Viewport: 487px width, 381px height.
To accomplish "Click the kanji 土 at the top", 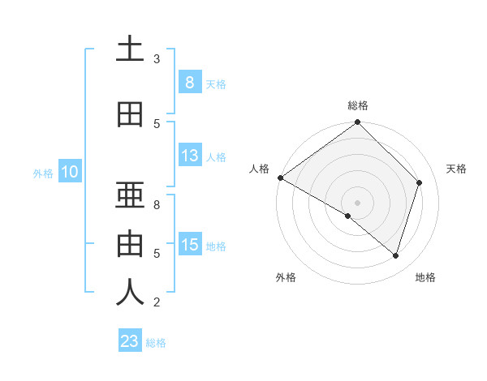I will pyautogui.click(x=130, y=49).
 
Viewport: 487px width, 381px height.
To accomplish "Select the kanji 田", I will pyautogui.click(x=130, y=115).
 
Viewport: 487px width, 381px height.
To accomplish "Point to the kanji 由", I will pyautogui.click(x=130, y=244).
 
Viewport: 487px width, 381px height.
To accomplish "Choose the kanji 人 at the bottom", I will pyautogui.click(x=130, y=293).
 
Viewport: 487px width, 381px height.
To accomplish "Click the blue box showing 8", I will pyautogui.click(x=189, y=82).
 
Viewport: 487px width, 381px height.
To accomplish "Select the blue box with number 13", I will pyautogui.click(x=189, y=156).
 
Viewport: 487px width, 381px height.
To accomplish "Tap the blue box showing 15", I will pyautogui.click(x=189, y=245).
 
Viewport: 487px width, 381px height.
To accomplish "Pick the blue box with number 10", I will pyautogui.click(x=69, y=172).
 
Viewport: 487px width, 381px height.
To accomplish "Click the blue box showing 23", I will pyautogui.click(x=130, y=341).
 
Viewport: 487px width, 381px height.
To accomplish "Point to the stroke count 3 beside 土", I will pyautogui.click(x=157, y=59).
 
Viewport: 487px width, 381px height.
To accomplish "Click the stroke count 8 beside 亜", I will pyautogui.click(x=157, y=204).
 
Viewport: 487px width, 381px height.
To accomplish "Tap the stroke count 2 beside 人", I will pyautogui.click(x=157, y=303).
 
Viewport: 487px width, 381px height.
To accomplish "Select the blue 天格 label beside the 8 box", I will pyautogui.click(x=216, y=83).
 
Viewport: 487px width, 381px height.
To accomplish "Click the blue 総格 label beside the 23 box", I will pyautogui.click(x=157, y=343).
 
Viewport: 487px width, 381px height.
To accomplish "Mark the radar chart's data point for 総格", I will pyautogui.click(x=357, y=122).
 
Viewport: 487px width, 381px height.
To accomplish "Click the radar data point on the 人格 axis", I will pyautogui.click(x=280, y=178).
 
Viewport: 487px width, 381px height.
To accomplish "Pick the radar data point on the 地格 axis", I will pyautogui.click(x=395, y=255).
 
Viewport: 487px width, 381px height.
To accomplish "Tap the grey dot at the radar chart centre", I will pyautogui.click(x=357, y=202).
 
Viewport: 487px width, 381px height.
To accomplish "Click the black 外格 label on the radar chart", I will pyautogui.click(x=286, y=278).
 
